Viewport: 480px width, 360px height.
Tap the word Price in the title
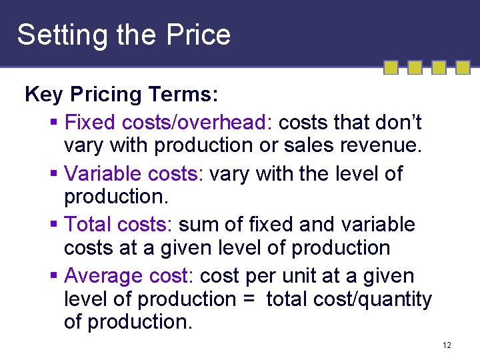click(200, 35)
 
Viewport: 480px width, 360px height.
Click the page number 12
click(447, 345)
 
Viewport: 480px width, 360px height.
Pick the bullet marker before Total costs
click(54, 225)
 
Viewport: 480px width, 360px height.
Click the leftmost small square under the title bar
click(392, 67)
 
